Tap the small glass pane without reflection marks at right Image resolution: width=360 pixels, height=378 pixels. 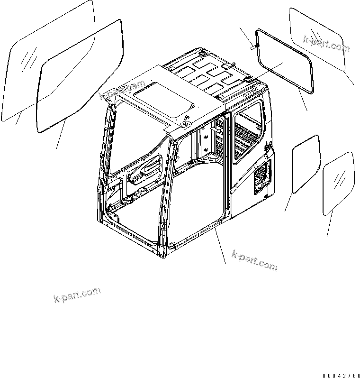tap(305, 164)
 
